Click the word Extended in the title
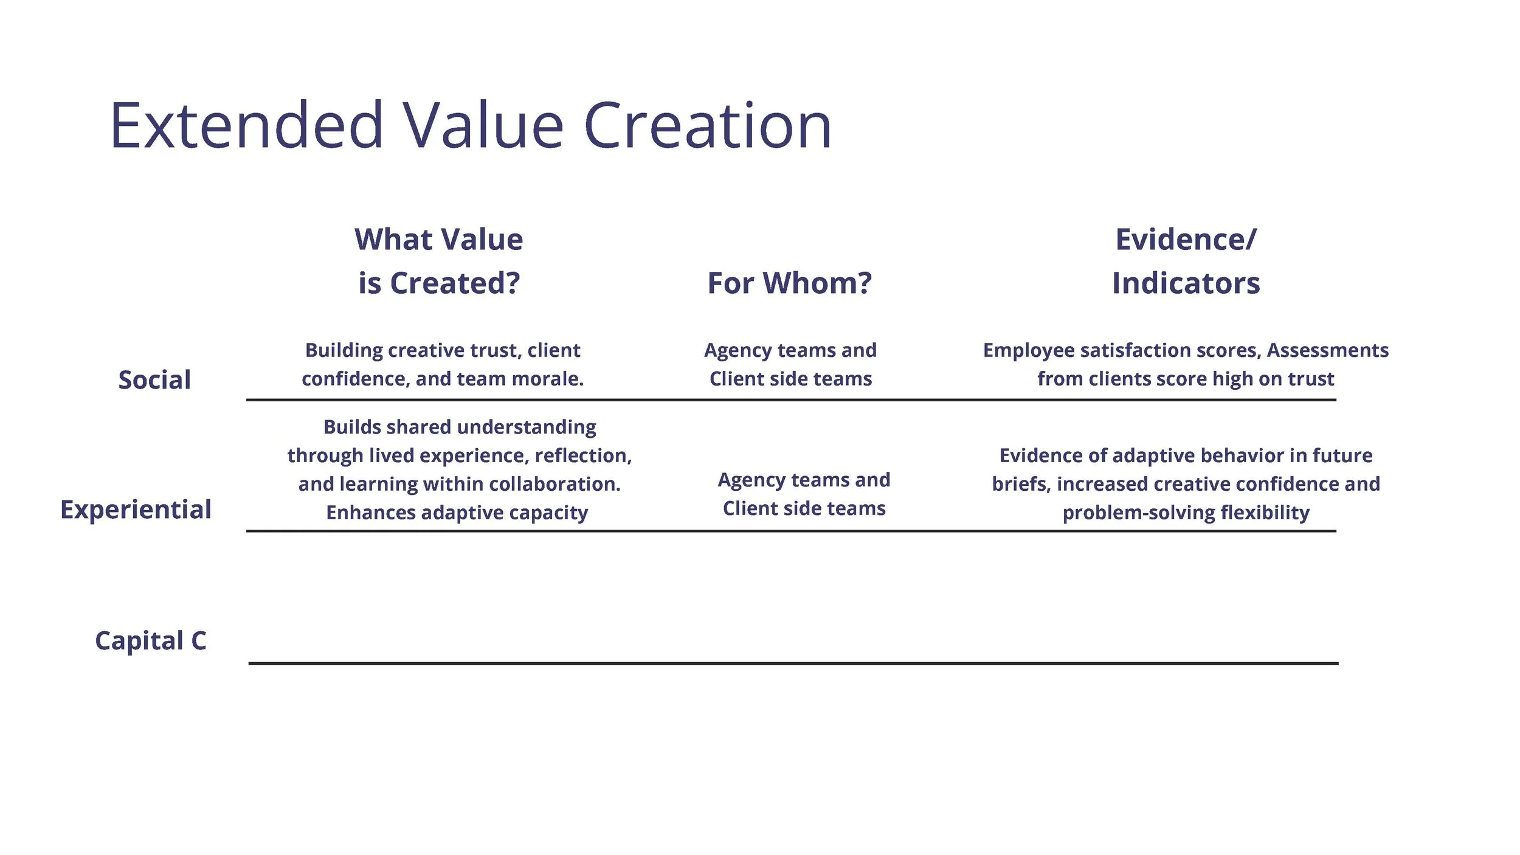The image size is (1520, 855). pos(246,126)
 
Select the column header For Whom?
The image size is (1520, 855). pos(789,283)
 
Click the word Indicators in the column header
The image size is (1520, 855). pos(1186,283)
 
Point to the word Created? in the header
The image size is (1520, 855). pos(455,283)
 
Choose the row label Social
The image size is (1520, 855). pos(154,380)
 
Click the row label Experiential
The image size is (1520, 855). pos(136,510)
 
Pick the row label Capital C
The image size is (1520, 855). pos(151,641)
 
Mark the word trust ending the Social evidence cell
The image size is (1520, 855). pos(1314,379)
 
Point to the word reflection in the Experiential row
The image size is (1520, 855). pos(583,455)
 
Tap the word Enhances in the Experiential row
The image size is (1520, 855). pos(371,513)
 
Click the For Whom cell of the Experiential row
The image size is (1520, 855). pos(804,494)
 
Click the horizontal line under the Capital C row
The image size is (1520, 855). pos(793,663)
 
